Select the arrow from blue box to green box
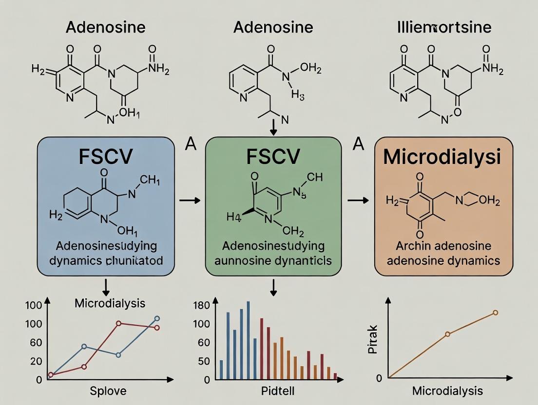pyautogui.click(x=190, y=200)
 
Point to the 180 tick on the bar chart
pyautogui.click(x=202, y=306)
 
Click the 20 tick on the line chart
pyautogui.click(x=36, y=361)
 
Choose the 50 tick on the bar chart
pyautogui.click(x=203, y=361)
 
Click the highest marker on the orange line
pyautogui.click(x=496, y=313)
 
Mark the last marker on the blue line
pyautogui.click(x=157, y=318)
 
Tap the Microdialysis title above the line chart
pyautogui.click(x=110, y=303)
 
